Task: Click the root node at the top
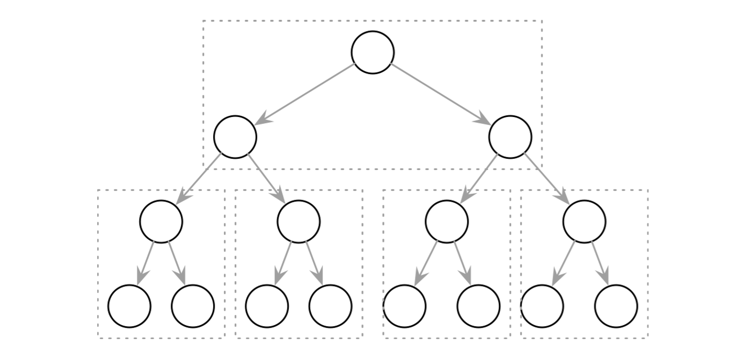[373, 53]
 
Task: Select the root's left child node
[235, 137]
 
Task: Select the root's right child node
[510, 137]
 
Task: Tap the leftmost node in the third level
[161, 222]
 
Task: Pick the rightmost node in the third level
[584, 222]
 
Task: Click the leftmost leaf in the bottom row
[129, 306]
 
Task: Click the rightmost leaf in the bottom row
[616, 306]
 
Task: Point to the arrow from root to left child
[304, 94]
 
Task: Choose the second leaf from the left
[193, 306]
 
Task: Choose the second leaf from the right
[542, 306]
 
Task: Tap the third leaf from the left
[267, 306]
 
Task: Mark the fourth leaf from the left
[330, 306]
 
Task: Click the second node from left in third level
[298, 222]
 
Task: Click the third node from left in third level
[447, 222]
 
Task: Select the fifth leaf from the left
[405, 306]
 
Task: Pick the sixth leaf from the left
[478, 306]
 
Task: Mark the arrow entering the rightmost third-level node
[546, 179]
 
